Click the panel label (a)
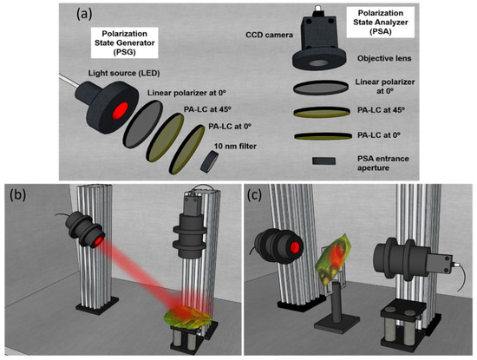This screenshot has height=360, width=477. (x=84, y=14)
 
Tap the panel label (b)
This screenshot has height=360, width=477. (x=17, y=195)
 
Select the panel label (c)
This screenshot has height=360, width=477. (x=255, y=195)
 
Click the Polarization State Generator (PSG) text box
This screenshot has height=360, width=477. (x=124, y=43)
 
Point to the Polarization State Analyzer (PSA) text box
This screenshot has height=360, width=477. (x=381, y=23)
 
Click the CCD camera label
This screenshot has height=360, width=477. (x=269, y=35)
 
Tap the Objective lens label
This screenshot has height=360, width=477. (x=384, y=58)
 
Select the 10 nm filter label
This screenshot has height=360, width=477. (x=235, y=147)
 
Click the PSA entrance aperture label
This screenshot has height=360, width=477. (x=383, y=163)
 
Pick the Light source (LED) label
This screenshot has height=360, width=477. (x=124, y=74)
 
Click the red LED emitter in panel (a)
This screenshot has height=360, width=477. (x=121, y=111)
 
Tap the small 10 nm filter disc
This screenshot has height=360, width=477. (x=209, y=161)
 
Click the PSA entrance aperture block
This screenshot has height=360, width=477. (x=323, y=160)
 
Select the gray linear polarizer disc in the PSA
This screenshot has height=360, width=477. (x=321, y=88)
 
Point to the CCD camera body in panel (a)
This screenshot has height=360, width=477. (x=319, y=34)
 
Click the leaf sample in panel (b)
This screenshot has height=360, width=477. (x=187, y=316)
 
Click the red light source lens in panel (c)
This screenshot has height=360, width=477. (x=295, y=247)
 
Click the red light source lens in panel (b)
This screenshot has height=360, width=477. (x=98, y=240)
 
